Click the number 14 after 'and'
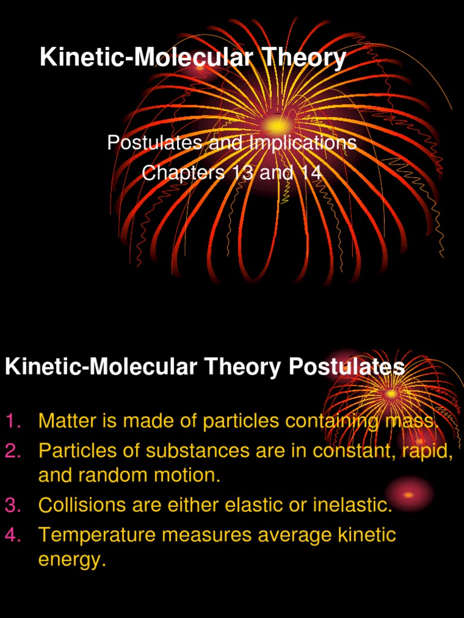(x=310, y=173)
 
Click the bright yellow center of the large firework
(x=277, y=126)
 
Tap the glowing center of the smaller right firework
(x=391, y=393)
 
